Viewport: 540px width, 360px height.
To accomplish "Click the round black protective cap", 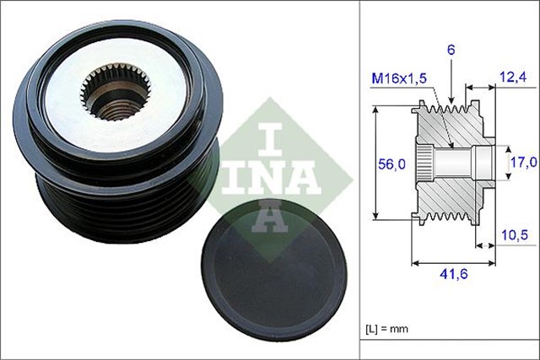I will click(275, 279).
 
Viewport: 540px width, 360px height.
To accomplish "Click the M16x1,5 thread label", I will click(400, 78).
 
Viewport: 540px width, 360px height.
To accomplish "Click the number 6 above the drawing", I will click(451, 51).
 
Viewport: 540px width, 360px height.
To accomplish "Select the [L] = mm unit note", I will click(395, 328).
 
